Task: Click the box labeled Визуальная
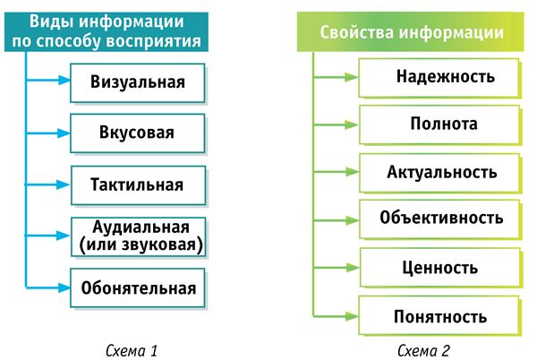tap(138, 83)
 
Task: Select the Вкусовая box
tap(138, 133)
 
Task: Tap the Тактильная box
tap(139, 185)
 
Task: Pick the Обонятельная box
tap(138, 287)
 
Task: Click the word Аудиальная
tap(141, 227)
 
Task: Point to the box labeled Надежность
tap(439, 78)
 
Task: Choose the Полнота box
tap(439, 124)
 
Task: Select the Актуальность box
tap(439, 173)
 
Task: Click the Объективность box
tap(439, 219)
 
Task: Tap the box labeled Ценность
tap(440, 268)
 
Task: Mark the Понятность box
tap(439, 315)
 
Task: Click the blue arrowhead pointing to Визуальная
tap(64, 81)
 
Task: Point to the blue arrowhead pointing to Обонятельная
tap(64, 287)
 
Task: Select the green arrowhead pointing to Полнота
tap(352, 124)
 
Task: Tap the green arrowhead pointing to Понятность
tap(352, 316)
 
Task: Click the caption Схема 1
tap(132, 351)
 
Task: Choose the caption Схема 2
tap(423, 351)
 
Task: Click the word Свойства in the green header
tap(357, 32)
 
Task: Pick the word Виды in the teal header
tap(52, 21)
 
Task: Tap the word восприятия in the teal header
tap(153, 41)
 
